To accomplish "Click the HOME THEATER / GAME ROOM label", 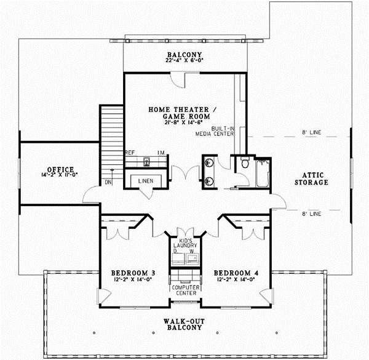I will click(179, 112).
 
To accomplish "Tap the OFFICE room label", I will click(60, 169).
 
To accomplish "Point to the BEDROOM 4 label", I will click(232, 272).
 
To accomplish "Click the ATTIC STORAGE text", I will click(311, 178).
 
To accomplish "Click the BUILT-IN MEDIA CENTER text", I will click(221, 132).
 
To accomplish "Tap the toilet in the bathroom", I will click(245, 164).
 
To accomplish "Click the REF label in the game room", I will click(130, 152).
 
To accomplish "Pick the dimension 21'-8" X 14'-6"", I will click(179, 122).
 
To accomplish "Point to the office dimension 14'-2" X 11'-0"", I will click(60, 176).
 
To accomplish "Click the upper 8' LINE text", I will click(312, 132).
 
